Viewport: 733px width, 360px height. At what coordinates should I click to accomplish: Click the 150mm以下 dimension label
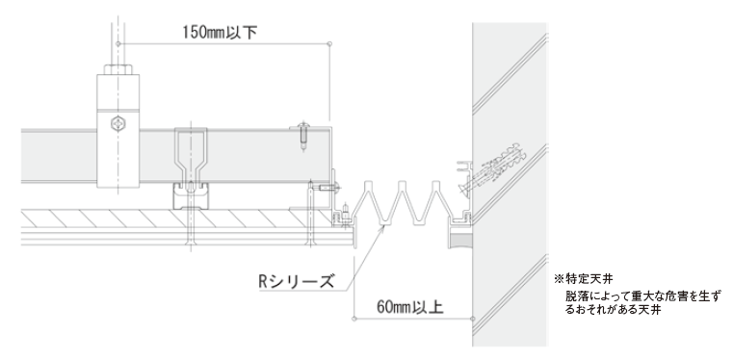(220, 32)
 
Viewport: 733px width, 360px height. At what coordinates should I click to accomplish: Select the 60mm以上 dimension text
(410, 307)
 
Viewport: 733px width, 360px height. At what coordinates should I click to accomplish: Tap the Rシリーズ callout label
(297, 281)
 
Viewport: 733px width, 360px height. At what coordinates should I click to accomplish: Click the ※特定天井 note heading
(583, 279)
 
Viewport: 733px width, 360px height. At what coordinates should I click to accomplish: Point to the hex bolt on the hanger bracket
(118, 124)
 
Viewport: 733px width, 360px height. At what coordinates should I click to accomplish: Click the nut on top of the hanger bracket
(118, 69)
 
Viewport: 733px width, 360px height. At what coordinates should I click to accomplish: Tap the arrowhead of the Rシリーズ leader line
(384, 227)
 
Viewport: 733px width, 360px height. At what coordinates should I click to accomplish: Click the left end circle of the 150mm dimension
(118, 44)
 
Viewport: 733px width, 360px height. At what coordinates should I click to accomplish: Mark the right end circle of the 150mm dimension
(329, 44)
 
